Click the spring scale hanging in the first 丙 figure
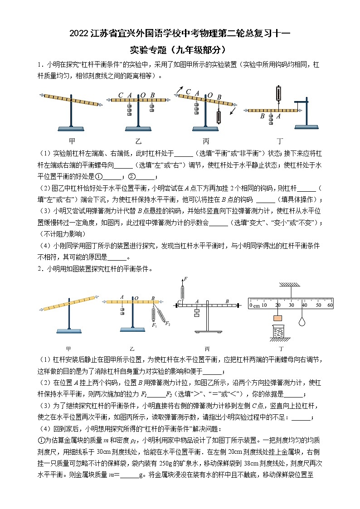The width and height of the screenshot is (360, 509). point(219,117)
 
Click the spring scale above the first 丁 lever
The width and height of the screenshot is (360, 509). point(278,94)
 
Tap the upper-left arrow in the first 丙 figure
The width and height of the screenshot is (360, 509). point(180,89)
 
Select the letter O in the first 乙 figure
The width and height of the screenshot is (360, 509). point(142,95)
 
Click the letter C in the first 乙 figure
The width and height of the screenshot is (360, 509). point(121,95)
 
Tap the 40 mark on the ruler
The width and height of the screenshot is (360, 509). point(304,305)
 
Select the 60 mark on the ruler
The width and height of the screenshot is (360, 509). point(330,305)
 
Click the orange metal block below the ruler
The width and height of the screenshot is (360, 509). point(278,318)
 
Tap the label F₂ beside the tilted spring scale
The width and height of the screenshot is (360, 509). point(168,323)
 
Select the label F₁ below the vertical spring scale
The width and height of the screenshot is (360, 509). point(155,325)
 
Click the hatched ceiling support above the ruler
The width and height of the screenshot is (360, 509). point(290,284)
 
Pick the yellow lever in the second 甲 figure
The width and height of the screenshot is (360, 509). point(69,303)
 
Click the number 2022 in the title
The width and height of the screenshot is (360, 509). point(80,34)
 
